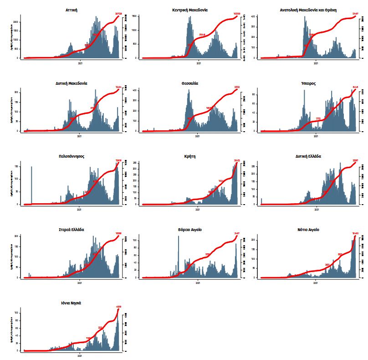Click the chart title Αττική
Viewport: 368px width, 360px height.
coord(72,10)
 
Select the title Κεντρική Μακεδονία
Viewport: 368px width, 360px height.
coord(190,10)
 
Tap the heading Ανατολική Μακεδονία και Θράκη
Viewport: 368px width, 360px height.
coord(308,10)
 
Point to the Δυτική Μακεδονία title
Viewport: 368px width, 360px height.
coord(72,83)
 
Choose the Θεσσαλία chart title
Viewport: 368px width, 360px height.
coord(190,83)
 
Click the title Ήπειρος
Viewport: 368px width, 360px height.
coord(308,83)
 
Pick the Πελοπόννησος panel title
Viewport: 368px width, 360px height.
coord(72,156)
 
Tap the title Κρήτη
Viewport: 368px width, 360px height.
coord(190,156)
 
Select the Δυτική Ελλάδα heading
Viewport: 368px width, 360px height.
coord(308,156)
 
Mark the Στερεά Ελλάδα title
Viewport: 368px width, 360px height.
coord(72,230)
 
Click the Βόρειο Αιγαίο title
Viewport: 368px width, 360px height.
coord(190,230)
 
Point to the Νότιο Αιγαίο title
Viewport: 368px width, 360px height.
coord(308,230)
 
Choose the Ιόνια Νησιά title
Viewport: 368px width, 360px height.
coord(72,303)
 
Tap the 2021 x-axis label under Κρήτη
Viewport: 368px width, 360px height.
coord(198,210)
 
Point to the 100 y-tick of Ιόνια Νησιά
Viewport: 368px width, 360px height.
coord(17,313)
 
